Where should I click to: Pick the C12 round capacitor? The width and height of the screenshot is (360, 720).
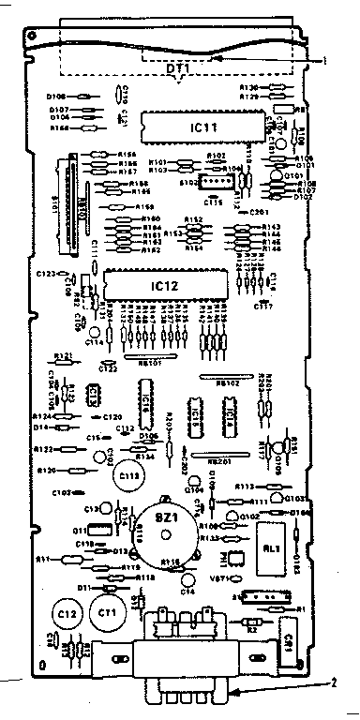66,613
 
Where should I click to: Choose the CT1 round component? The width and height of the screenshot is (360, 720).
106,613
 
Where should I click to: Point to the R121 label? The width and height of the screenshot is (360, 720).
64,355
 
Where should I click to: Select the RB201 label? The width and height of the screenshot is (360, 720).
218,461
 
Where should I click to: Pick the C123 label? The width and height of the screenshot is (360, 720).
44,273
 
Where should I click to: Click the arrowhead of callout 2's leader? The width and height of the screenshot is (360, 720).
234,695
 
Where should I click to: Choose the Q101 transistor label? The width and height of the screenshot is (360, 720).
293,175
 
